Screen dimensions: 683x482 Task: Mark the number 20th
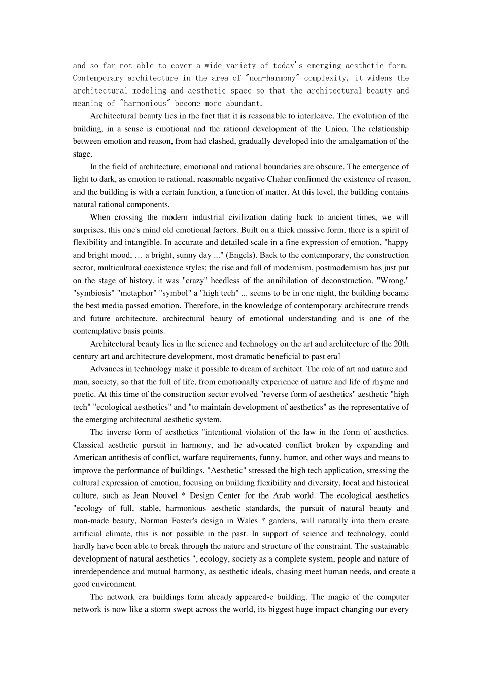pyautogui.click(x=401, y=344)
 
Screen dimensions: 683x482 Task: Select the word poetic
pyautogui.click(x=84, y=394)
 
